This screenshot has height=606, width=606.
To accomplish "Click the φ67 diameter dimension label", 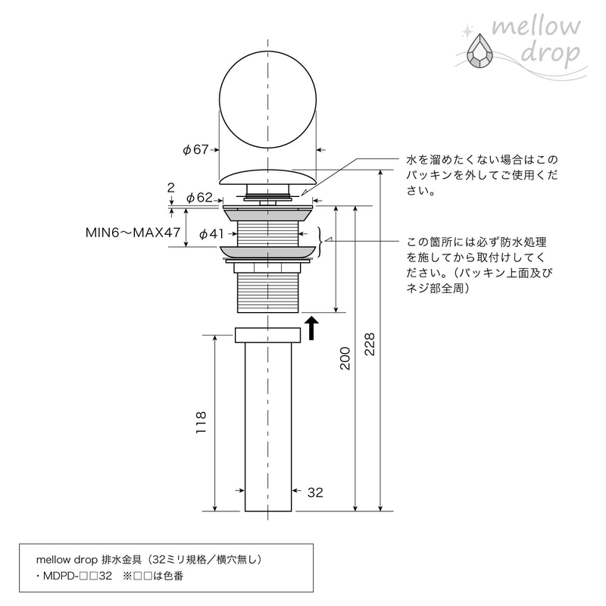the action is (195, 149).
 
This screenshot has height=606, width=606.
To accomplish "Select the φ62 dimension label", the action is (199, 198).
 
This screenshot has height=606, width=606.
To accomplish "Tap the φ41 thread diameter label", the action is (212, 233).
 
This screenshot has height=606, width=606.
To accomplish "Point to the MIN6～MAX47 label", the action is (133, 233).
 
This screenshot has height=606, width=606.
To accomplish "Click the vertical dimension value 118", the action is (201, 423).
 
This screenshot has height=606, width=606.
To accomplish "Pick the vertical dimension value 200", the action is (345, 358).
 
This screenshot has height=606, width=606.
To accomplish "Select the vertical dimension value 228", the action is (370, 345).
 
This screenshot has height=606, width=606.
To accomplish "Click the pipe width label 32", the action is (315, 492).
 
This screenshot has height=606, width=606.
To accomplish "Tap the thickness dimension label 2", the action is (171, 188).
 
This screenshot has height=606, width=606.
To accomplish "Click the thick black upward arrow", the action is (311, 328).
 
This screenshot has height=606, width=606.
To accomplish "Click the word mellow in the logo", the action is (536, 27).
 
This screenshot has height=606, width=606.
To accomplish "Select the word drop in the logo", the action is (551, 54).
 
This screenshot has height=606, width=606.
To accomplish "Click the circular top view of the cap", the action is (268, 99).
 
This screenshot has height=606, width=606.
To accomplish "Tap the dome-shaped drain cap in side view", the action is (268, 176).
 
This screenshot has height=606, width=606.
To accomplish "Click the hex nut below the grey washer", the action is (268, 267).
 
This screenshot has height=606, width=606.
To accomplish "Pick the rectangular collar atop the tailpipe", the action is (268, 335).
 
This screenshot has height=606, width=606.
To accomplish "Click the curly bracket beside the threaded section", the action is (320, 242).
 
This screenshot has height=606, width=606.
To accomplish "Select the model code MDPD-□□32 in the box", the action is (77, 576).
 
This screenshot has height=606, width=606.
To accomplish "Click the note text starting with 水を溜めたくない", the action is (482, 175).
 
